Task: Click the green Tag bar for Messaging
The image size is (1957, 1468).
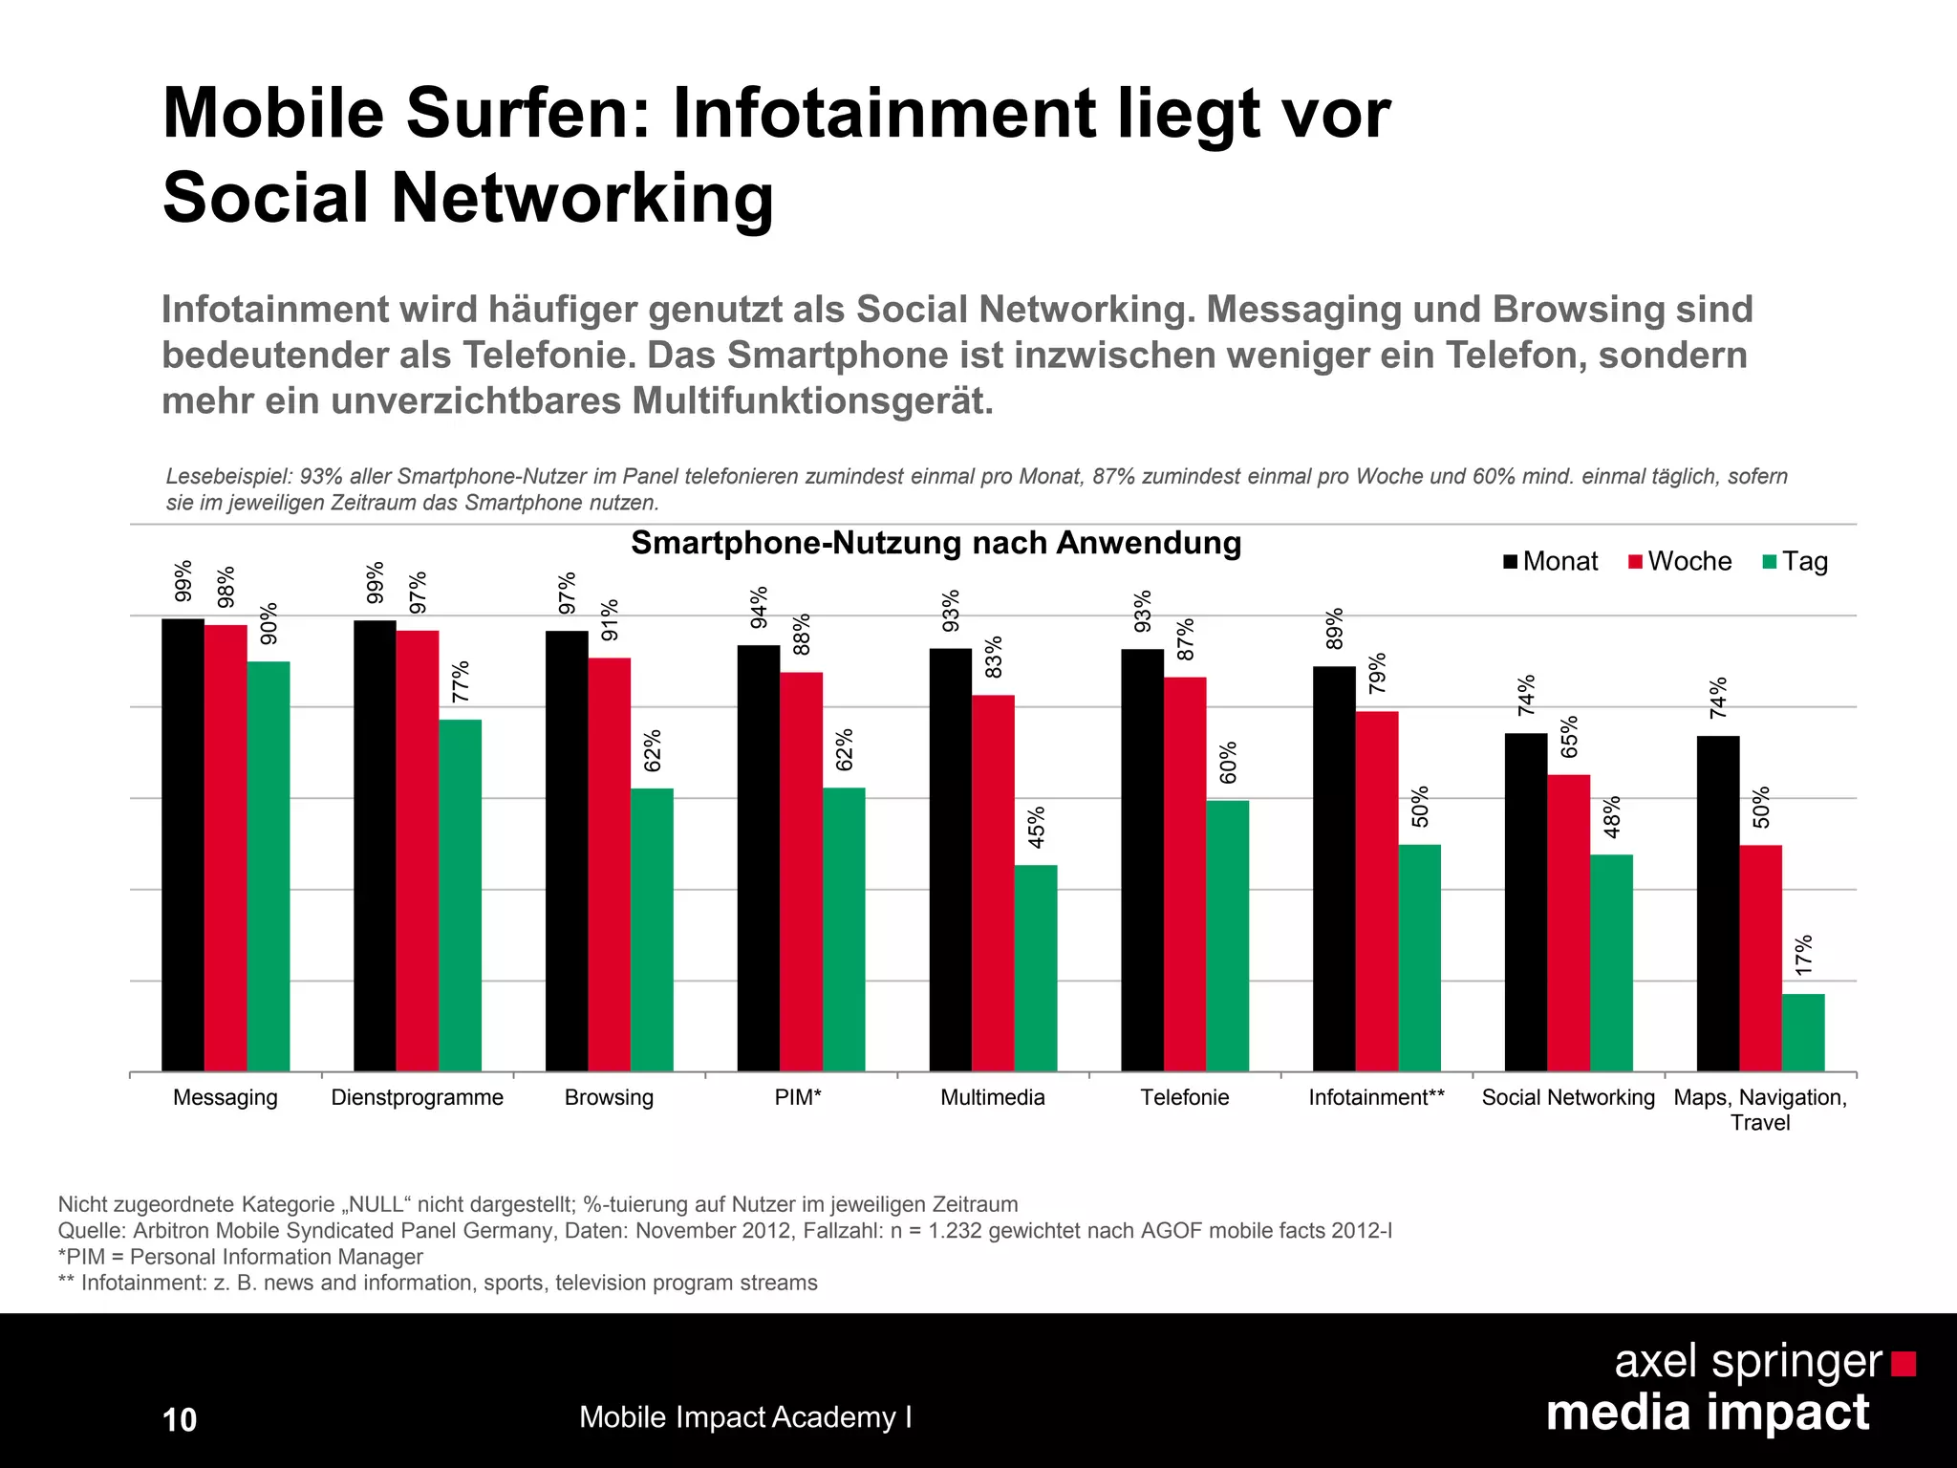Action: pyautogui.click(x=269, y=865)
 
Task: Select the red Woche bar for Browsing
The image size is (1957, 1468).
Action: pyautogui.click(x=610, y=864)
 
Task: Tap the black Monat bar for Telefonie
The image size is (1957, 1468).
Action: pyautogui.click(x=1142, y=860)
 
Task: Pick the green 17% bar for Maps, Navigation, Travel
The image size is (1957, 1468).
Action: pyautogui.click(x=1803, y=1032)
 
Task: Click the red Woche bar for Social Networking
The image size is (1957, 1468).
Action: pyautogui.click(x=1569, y=922)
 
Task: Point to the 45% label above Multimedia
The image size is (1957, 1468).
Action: pyautogui.click(x=1037, y=827)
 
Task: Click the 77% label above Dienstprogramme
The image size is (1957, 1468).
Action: pyautogui.click(x=461, y=681)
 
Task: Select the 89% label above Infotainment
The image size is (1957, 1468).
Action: pyautogui.click(x=1335, y=628)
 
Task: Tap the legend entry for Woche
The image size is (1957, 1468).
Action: pyautogui.click(x=1680, y=561)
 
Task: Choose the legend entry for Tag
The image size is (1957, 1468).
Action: pyautogui.click(x=1796, y=561)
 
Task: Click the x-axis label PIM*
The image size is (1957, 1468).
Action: pyautogui.click(x=799, y=1097)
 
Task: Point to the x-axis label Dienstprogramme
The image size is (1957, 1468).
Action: pyautogui.click(x=417, y=1097)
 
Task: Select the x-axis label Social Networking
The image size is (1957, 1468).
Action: pyautogui.click(x=1568, y=1097)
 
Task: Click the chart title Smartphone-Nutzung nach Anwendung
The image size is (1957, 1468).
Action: pyautogui.click(x=935, y=543)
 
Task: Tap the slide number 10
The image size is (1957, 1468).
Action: pyautogui.click(x=180, y=1420)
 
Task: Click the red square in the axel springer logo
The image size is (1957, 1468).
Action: pyautogui.click(x=1903, y=1364)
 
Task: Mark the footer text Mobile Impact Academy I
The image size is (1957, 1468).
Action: pyautogui.click(x=745, y=1417)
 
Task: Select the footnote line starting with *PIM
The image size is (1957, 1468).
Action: pyautogui.click(x=241, y=1257)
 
